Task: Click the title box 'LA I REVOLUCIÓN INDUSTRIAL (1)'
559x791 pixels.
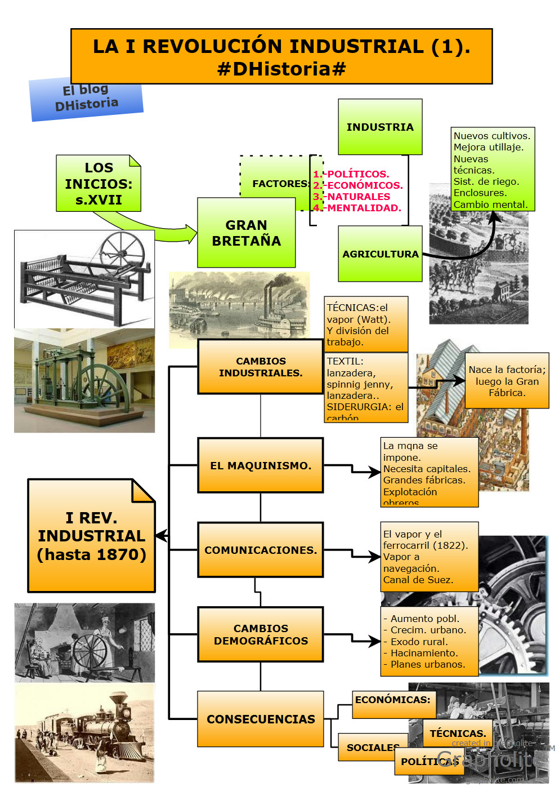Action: point(281,56)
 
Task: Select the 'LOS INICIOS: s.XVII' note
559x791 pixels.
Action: point(99,184)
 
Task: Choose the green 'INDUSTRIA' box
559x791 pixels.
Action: point(380,127)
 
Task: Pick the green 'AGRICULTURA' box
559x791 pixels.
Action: point(380,254)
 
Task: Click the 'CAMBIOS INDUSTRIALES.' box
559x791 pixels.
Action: point(260,367)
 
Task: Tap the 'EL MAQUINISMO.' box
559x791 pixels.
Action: point(260,465)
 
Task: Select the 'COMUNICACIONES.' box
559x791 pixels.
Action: point(260,550)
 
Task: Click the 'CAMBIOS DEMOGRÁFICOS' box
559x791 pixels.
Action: point(260,634)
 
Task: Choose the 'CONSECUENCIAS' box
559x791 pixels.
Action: point(260,719)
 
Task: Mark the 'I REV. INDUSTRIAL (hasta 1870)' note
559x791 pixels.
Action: point(91,536)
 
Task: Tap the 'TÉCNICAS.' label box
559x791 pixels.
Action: point(457,733)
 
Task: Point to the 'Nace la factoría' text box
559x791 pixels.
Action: point(507,381)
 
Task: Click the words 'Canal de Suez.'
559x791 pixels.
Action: point(418,580)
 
